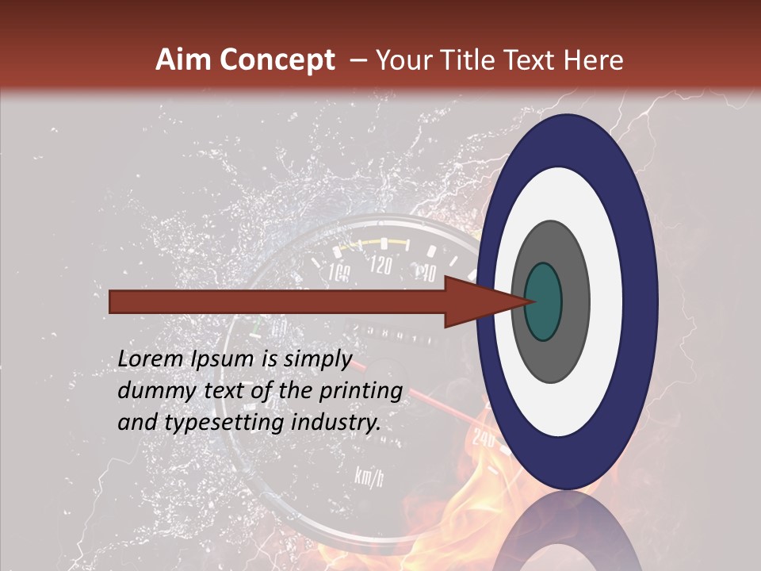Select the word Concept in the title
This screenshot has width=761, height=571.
pyautogui.click(x=277, y=61)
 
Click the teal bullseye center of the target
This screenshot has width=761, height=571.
pyautogui.click(x=543, y=301)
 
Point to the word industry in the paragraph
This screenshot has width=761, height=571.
pyautogui.click(x=335, y=423)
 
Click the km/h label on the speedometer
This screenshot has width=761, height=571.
pyautogui.click(x=369, y=477)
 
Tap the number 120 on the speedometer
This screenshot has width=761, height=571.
pyautogui.click(x=381, y=265)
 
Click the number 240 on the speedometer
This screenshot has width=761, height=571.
pyautogui.click(x=483, y=437)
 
